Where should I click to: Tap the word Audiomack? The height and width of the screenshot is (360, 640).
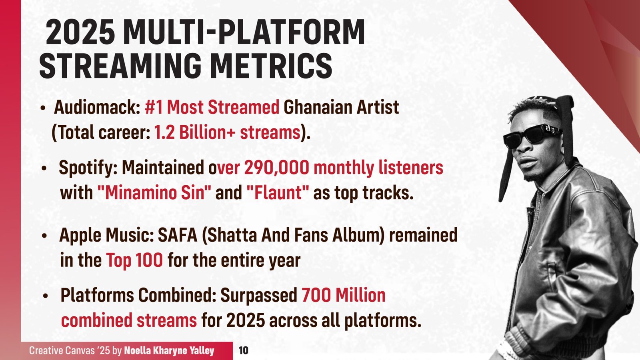point(96,107)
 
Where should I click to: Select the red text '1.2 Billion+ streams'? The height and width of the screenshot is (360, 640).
point(227,132)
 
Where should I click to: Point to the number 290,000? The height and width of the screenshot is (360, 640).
point(276,168)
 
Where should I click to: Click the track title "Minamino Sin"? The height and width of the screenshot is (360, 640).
point(154,193)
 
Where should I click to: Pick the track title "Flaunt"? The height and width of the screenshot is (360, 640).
point(277,193)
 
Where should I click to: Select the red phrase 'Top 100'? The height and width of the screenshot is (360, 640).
point(134,260)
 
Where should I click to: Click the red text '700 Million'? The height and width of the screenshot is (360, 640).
point(343,295)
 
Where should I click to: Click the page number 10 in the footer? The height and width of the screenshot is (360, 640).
point(243,351)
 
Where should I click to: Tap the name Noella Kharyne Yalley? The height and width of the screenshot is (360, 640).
point(169,351)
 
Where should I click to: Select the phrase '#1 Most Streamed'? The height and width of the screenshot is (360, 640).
point(212,107)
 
